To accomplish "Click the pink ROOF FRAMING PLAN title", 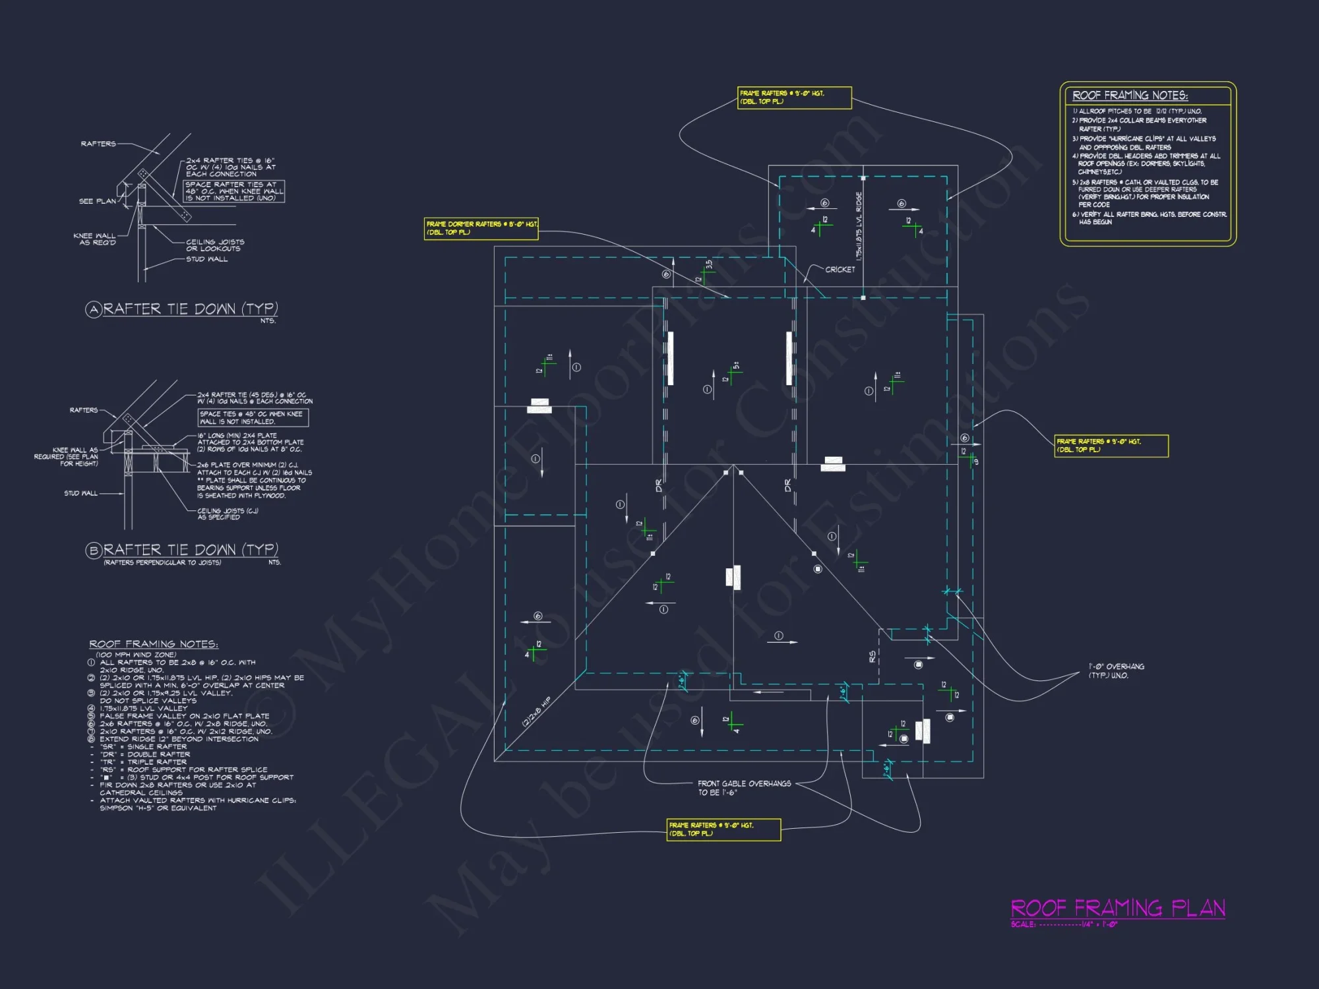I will pyautogui.click(x=1118, y=909).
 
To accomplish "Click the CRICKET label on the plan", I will pyautogui.click(x=840, y=270).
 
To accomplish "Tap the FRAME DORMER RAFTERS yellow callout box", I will pyautogui.click(x=481, y=228).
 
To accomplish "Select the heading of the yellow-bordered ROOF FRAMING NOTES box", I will pyautogui.click(x=1130, y=96).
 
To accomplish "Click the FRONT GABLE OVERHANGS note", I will pyautogui.click(x=744, y=788).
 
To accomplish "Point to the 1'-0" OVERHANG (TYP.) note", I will pyautogui.click(x=1116, y=671).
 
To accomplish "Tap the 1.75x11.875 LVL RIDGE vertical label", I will pyautogui.click(x=859, y=225).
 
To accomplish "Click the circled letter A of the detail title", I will pyautogui.click(x=93, y=309).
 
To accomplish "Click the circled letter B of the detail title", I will pyautogui.click(x=93, y=550).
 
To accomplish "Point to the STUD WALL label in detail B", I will pyautogui.click(x=80, y=493).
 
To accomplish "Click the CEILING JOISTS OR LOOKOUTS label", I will pyautogui.click(x=214, y=245).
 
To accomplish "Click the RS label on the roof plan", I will pyautogui.click(x=873, y=657).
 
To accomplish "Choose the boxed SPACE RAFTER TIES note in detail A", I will pyautogui.click(x=233, y=191).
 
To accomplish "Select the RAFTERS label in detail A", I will pyautogui.click(x=98, y=144).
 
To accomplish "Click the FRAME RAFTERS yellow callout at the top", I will pyautogui.click(x=794, y=98).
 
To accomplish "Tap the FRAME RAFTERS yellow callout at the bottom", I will pyautogui.click(x=723, y=829).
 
